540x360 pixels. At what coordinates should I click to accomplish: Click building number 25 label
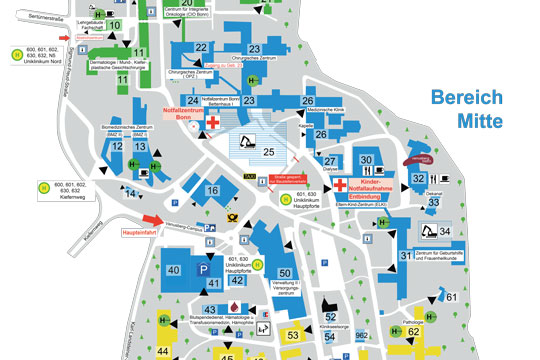268,152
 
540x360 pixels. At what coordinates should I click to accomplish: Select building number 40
173,271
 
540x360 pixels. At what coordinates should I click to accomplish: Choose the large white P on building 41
205,270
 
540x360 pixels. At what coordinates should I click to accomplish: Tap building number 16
212,191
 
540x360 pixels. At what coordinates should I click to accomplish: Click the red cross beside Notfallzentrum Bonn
213,122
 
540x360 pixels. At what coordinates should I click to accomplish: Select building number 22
201,48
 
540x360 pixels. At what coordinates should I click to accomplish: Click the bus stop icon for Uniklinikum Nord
16,55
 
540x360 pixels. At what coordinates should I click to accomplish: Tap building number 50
285,273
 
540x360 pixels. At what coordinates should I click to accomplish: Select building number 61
452,297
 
